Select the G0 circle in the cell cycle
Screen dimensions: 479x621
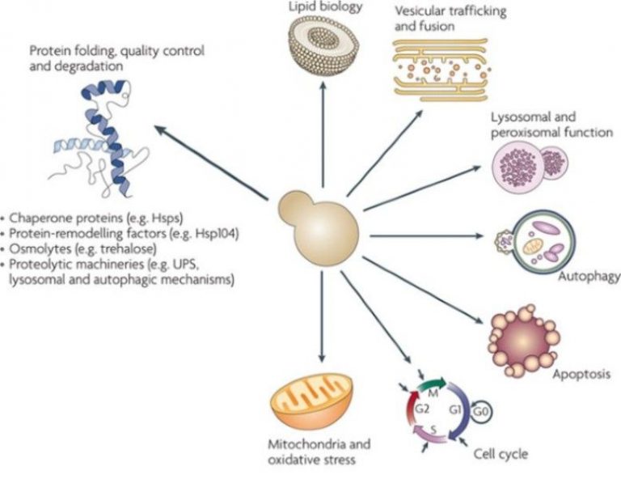[480, 411]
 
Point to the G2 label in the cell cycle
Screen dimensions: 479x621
[420, 411]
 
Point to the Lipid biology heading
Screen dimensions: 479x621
[323, 7]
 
